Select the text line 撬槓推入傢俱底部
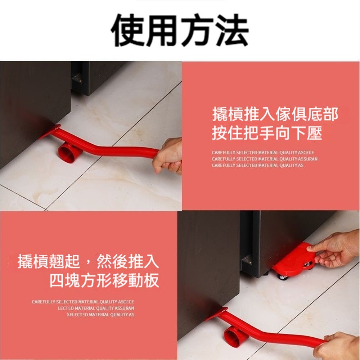tap(275, 114)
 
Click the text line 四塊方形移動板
tap(104, 280)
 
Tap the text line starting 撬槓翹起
tap(88, 261)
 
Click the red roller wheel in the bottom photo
tap(235, 336)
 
